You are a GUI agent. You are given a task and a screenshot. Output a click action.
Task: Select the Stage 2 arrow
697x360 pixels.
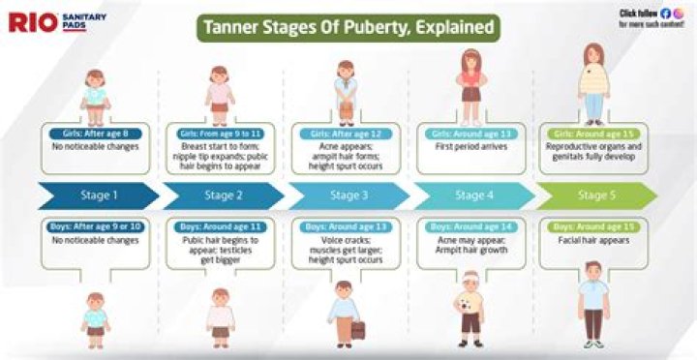point(223,195)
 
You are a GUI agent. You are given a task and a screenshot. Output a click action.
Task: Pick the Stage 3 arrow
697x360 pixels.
point(347,195)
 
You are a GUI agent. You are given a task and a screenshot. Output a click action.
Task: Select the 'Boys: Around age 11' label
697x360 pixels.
point(221,226)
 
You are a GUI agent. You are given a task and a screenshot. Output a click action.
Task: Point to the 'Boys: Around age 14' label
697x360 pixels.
point(470,226)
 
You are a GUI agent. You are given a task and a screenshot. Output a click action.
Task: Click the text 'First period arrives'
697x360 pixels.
point(470,146)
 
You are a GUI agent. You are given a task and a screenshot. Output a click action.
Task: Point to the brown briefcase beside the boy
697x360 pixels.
point(358,329)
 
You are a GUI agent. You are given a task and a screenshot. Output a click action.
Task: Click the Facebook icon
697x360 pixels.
point(665,13)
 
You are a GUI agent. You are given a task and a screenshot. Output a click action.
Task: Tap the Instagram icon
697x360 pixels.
point(678,13)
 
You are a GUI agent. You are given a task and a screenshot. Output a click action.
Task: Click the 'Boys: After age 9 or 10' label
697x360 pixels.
point(96,226)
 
